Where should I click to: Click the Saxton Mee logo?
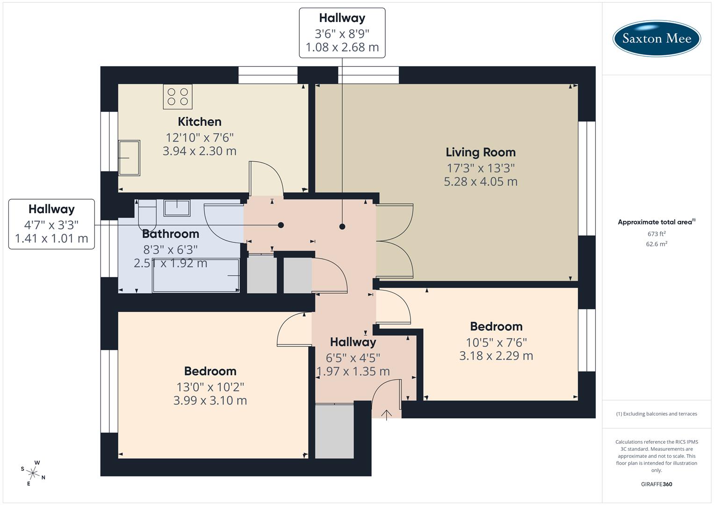point(656,38)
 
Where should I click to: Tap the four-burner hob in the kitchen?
point(177,96)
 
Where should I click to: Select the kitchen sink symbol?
point(129,158)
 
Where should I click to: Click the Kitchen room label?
point(200,122)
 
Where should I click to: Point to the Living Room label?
point(480,152)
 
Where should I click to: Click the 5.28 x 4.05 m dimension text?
point(480,181)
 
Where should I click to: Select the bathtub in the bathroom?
point(196,276)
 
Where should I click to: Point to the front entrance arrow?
point(386,415)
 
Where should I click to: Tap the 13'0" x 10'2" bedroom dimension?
point(210,387)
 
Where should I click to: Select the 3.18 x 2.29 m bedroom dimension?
point(496,356)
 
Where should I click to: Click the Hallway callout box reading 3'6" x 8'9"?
point(342,33)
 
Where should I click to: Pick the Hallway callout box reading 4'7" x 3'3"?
point(51,224)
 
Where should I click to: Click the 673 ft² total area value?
point(656,234)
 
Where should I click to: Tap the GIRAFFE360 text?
point(656,484)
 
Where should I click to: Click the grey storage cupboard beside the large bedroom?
point(334,431)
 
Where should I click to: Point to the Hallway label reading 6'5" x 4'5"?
point(353,342)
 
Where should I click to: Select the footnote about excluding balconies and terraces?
point(656,414)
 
